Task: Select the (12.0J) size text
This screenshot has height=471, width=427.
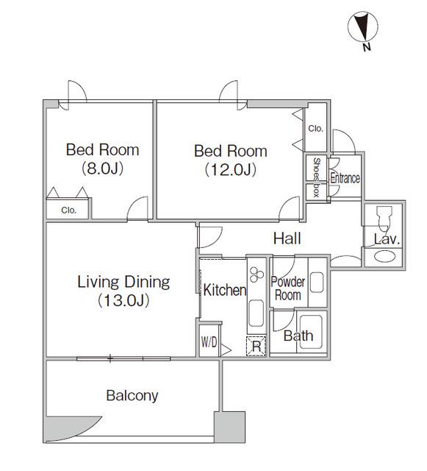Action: pos(231,170)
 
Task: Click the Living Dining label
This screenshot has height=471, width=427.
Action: pos(123,282)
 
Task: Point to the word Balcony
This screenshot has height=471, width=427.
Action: pos(132,396)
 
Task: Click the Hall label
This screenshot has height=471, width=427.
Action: pos(287,238)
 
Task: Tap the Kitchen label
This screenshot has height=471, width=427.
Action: pos(225,290)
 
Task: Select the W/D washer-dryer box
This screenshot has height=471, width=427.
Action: pos(209,340)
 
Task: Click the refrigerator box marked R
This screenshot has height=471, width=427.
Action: pos(256,347)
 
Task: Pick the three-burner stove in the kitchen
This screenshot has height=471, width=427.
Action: pos(256,275)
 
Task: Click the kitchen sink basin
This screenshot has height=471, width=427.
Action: pos(256,313)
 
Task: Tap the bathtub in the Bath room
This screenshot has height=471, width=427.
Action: pos(311,332)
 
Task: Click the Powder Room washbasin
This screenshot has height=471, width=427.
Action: pos(317,282)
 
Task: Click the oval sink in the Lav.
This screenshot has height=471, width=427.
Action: pos(384,257)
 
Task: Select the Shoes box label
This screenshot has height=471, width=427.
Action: pos(316,177)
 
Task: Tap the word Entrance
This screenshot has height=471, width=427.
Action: pos(345,178)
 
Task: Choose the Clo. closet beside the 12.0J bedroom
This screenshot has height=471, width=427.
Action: pos(316,128)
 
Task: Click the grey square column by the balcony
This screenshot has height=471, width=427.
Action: pos(229,427)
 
